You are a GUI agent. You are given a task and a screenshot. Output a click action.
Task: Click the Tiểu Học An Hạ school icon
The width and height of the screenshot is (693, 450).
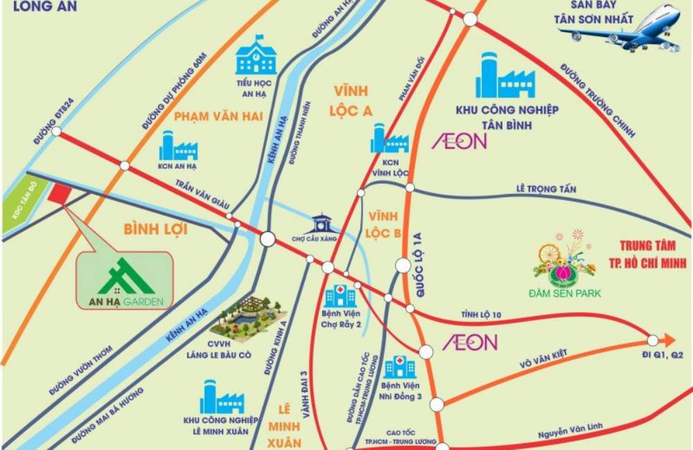point(256,56)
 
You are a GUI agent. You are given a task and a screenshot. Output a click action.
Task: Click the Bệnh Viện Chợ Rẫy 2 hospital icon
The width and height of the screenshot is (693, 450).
point(340,296)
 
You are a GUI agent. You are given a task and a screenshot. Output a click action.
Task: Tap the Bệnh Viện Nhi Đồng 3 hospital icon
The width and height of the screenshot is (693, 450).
point(400,367)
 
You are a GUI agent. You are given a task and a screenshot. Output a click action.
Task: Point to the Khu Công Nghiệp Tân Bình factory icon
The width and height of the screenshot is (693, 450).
point(505,75)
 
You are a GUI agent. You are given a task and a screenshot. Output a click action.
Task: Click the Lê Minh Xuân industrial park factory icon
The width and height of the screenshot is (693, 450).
point(221,397)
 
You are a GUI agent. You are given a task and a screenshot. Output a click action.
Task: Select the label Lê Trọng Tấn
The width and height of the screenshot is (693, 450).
point(546,189)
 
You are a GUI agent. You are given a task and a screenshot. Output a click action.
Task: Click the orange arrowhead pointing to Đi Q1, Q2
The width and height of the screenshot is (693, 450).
point(668,340)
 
